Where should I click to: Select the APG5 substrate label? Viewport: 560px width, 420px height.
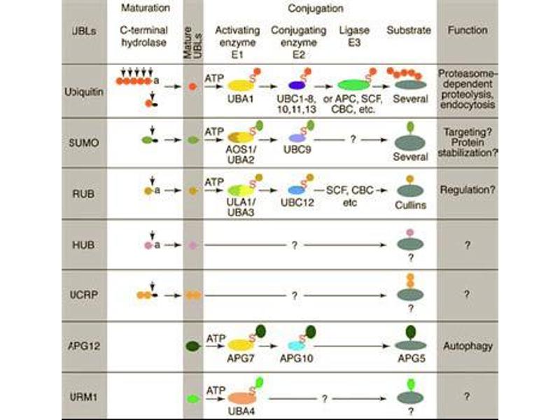click(x=409, y=356)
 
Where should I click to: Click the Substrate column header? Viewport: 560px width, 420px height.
click(x=409, y=31)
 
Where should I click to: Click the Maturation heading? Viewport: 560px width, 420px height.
click(x=145, y=9)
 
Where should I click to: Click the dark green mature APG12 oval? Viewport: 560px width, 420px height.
click(x=192, y=345)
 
